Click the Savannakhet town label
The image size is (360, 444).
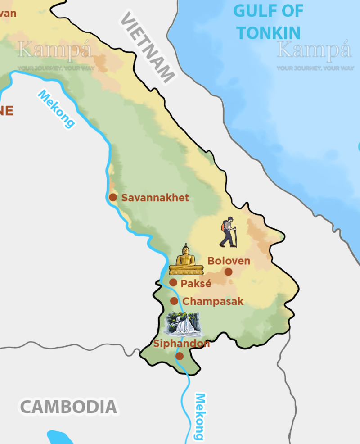point(155,198)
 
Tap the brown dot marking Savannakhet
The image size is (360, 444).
point(113,197)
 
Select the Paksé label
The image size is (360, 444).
point(196,284)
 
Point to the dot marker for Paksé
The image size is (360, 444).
point(173,282)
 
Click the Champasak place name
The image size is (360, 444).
point(213,302)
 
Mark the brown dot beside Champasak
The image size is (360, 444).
point(174,301)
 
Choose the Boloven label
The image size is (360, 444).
point(229,261)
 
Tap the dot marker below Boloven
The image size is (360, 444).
point(229,272)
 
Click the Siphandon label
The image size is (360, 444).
point(182,344)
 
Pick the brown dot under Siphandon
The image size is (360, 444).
point(180,356)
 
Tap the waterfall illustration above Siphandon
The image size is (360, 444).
point(182,323)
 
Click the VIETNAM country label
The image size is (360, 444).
point(147,47)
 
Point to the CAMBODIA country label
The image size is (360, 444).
point(68,407)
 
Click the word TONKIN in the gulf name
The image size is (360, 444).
point(268,33)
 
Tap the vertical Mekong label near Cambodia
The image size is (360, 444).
point(199,417)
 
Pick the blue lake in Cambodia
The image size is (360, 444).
point(60,438)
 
